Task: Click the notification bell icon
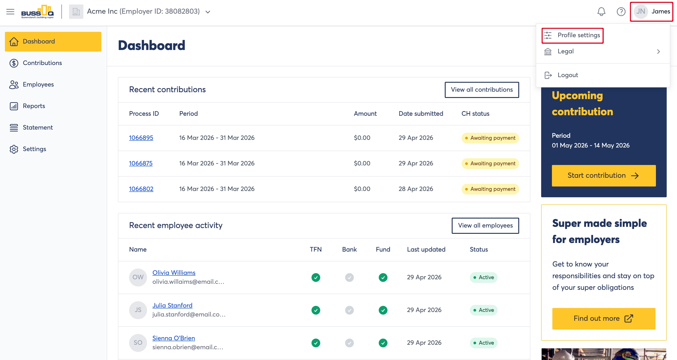(x=601, y=12)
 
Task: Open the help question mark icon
(x=621, y=12)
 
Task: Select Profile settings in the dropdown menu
(x=572, y=35)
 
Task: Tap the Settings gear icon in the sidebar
(x=14, y=149)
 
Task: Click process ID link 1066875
(x=141, y=163)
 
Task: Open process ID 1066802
(x=141, y=189)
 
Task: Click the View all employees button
(x=485, y=226)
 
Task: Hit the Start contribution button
(x=604, y=176)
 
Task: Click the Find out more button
(x=604, y=319)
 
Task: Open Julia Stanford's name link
(x=172, y=305)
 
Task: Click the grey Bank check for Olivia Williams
(x=349, y=278)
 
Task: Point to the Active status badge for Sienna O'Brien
(x=484, y=343)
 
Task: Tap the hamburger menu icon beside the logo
(x=10, y=12)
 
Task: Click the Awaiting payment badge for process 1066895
(x=490, y=138)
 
